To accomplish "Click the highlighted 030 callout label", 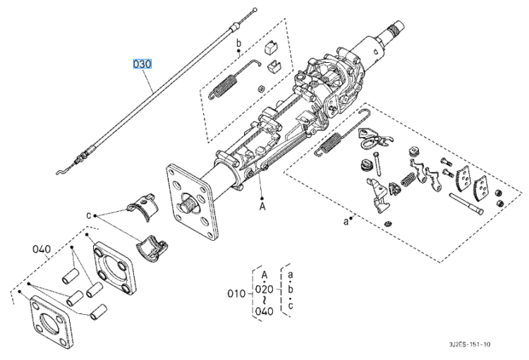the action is [x=142, y=64].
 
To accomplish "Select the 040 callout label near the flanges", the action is [x=42, y=249].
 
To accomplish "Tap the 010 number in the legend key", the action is [x=236, y=294].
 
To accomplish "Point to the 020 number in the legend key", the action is [x=264, y=289].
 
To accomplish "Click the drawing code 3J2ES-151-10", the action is [x=470, y=344].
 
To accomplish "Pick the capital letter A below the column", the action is [x=262, y=206].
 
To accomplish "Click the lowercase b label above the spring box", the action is [x=239, y=43].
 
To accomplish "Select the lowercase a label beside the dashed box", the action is [x=346, y=222].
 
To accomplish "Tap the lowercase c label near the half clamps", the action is [x=89, y=215].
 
